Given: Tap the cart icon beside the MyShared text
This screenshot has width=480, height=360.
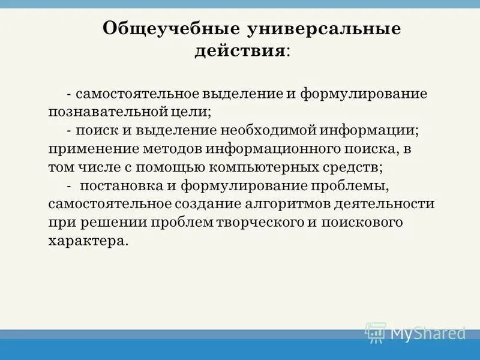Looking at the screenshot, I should (x=376, y=332).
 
